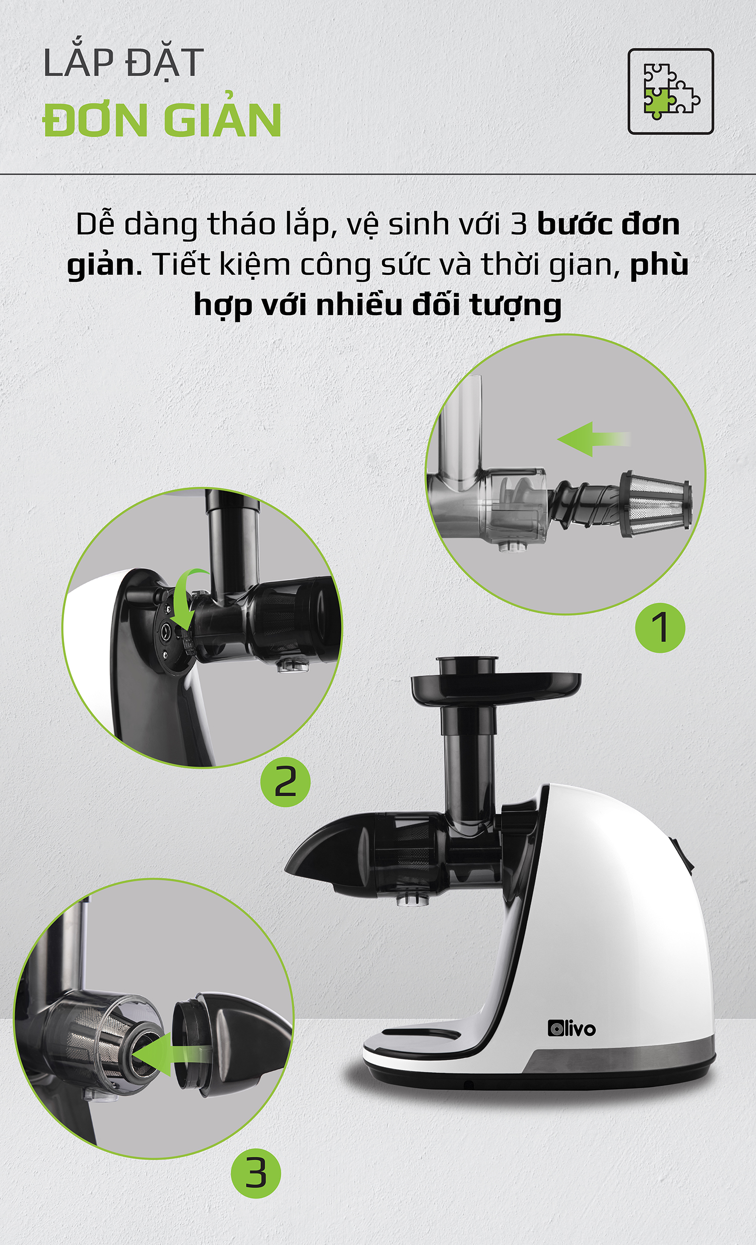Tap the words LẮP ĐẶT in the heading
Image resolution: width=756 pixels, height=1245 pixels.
coord(123,64)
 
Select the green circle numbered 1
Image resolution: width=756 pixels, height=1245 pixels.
coord(660,627)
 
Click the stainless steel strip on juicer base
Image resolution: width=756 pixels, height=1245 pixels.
coord(621,1058)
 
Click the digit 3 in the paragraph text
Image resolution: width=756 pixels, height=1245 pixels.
coord(518,224)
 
